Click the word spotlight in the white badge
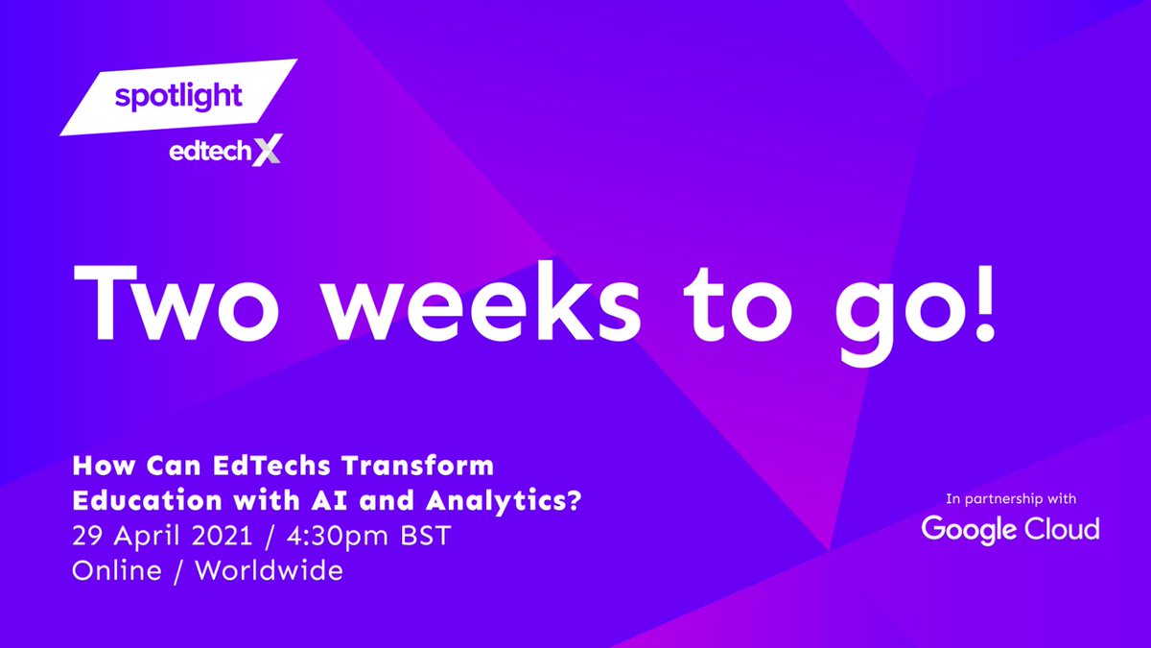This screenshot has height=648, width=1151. click(x=178, y=96)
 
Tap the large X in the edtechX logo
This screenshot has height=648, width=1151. click(x=264, y=151)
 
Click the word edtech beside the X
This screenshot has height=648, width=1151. click(x=203, y=152)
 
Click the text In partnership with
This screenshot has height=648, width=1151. click(x=1010, y=499)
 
